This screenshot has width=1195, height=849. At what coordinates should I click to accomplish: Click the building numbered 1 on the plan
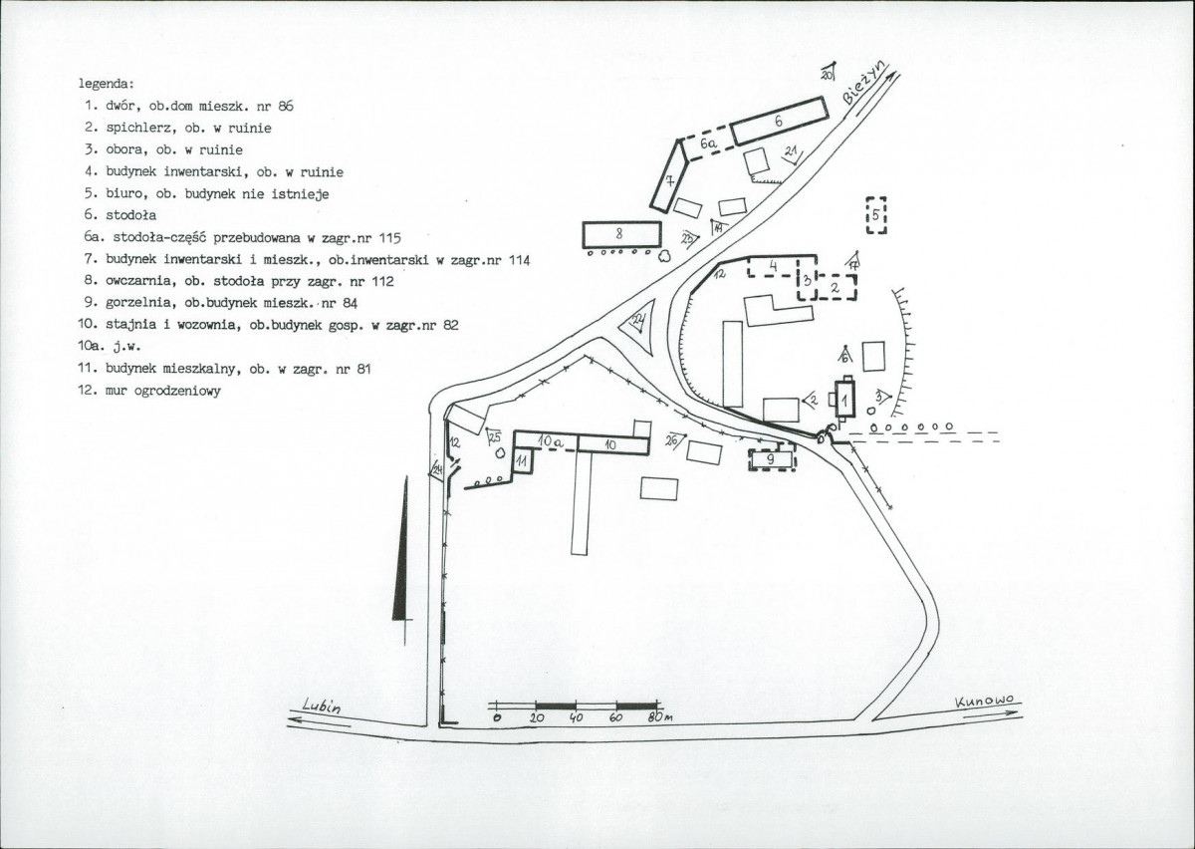[x=845, y=399]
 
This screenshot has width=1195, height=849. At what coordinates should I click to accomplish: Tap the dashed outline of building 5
[x=867, y=215]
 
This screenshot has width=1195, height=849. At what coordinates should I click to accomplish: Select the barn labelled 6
[x=779, y=122]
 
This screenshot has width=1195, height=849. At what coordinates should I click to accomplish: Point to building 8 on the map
[x=621, y=235]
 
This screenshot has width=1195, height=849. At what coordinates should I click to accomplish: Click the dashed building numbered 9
[x=772, y=459]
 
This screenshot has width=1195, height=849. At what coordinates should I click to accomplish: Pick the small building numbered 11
[x=523, y=460]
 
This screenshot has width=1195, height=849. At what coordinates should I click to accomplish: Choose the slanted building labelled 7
[x=669, y=176]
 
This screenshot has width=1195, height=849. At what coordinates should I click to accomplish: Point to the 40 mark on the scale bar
[x=576, y=718]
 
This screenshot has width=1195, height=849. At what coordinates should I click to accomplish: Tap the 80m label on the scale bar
[x=660, y=717]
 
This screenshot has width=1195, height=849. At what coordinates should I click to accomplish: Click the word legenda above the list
[x=107, y=85]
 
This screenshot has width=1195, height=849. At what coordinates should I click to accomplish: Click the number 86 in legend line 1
[x=286, y=107]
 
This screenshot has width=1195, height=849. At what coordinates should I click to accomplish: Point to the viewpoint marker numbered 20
[x=829, y=72]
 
